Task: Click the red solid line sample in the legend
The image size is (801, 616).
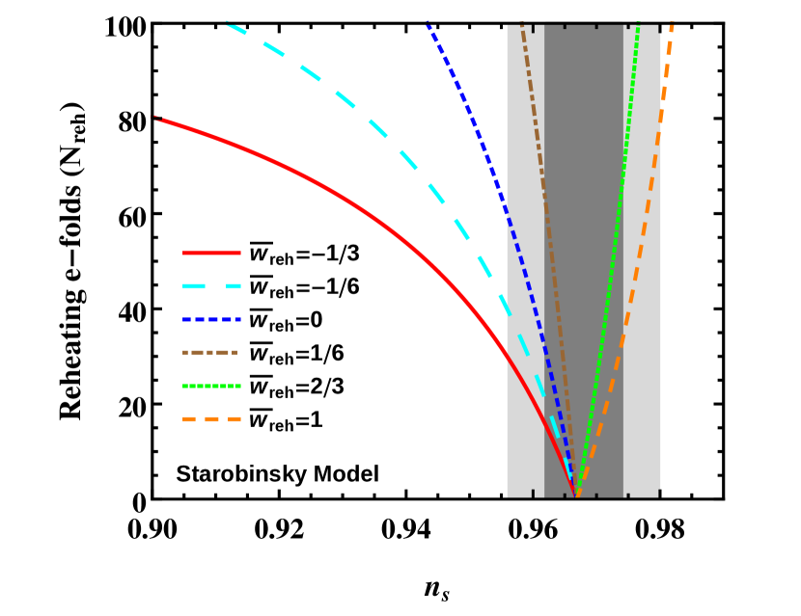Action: click(x=211, y=253)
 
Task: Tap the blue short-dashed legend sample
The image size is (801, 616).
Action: click(x=211, y=319)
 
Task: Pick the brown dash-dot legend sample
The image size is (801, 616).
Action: click(x=209, y=353)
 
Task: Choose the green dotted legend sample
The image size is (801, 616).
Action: click(x=211, y=386)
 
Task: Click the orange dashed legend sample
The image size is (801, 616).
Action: click(x=211, y=419)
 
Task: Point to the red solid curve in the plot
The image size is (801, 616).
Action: click(x=318, y=183)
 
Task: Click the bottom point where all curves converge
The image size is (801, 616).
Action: click(x=576, y=495)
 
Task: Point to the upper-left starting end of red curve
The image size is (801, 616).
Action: click(x=158, y=119)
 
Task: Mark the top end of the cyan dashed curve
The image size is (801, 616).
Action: click(x=229, y=23)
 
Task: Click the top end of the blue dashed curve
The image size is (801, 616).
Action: click(x=428, y=24)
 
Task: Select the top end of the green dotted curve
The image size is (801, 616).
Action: click(x=638, y=24)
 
